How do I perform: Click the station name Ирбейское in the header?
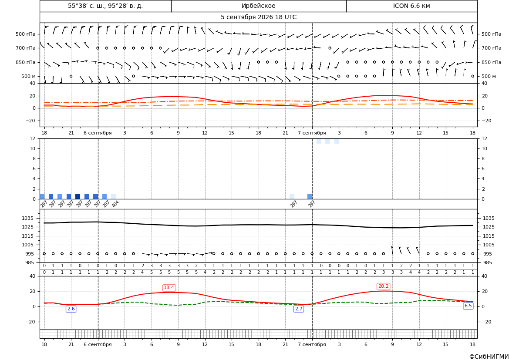258,6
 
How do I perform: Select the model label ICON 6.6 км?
411,6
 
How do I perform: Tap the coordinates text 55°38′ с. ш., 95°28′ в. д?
105,6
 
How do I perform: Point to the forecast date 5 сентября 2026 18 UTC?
258,17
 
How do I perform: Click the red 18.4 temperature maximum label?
169,288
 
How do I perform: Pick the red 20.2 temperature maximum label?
383,286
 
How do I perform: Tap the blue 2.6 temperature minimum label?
71,309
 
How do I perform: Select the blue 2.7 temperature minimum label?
299,309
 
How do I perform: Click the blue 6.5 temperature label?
468,306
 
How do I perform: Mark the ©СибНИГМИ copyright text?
489,357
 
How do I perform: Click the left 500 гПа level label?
26,34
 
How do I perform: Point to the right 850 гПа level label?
492,62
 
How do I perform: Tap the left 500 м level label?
28,76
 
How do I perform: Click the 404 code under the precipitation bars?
115,204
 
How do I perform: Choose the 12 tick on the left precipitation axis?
33,138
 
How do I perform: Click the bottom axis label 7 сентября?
312,344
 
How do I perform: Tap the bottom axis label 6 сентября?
98,344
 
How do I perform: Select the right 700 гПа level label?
492,48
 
